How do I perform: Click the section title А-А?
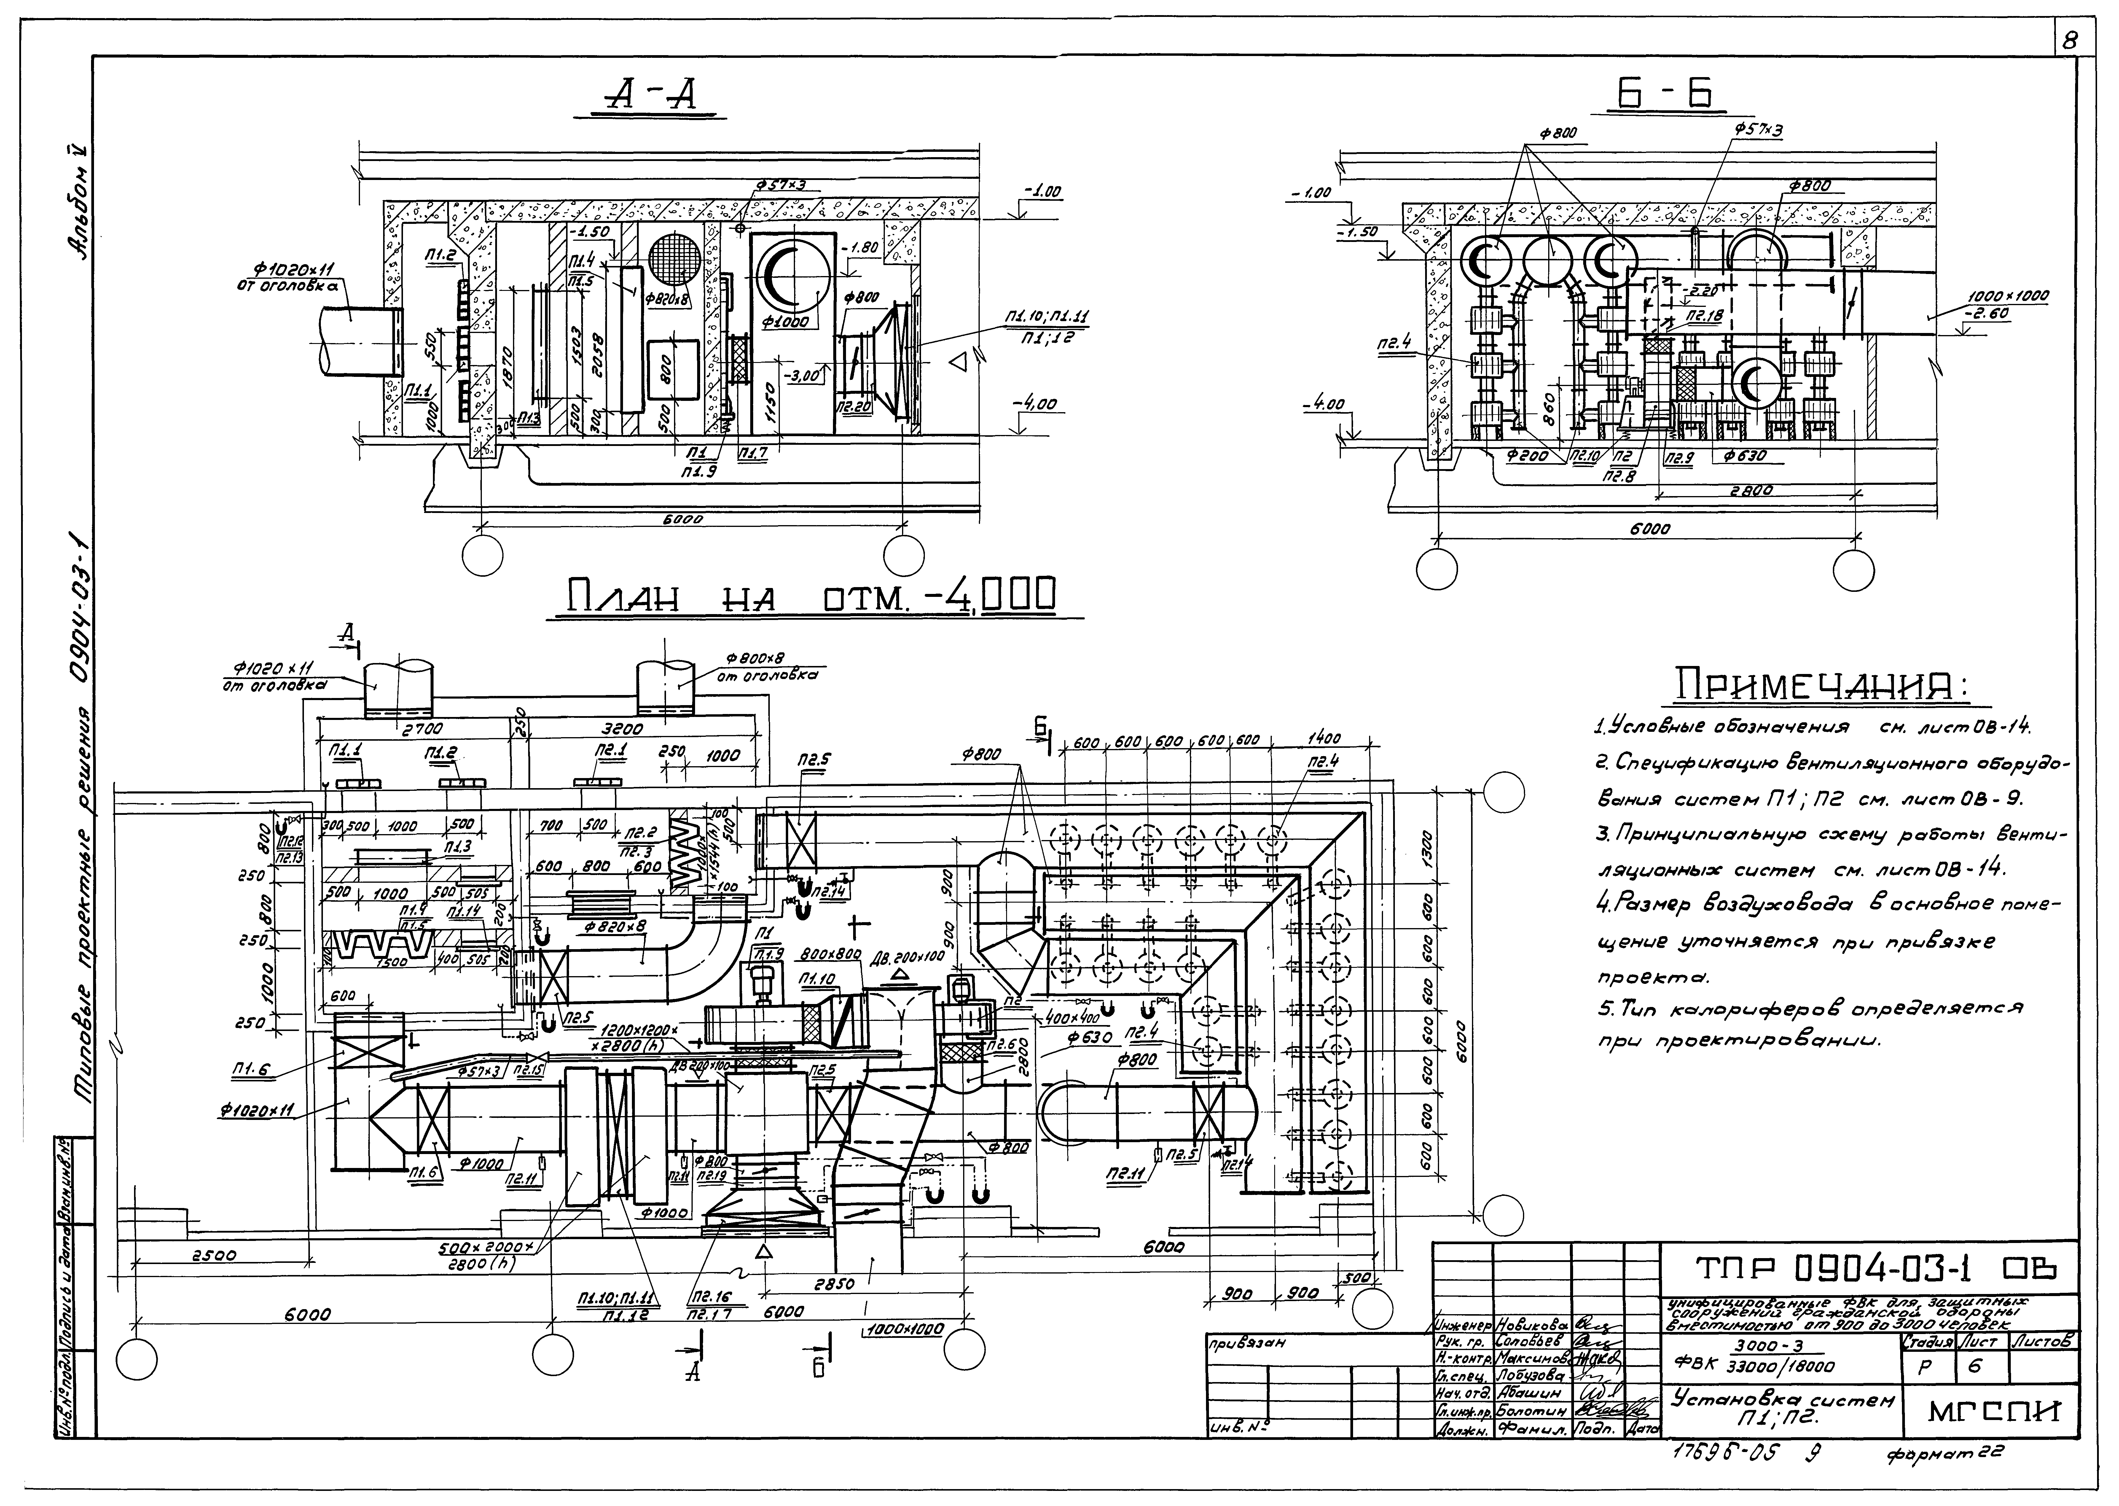pos(649,95)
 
